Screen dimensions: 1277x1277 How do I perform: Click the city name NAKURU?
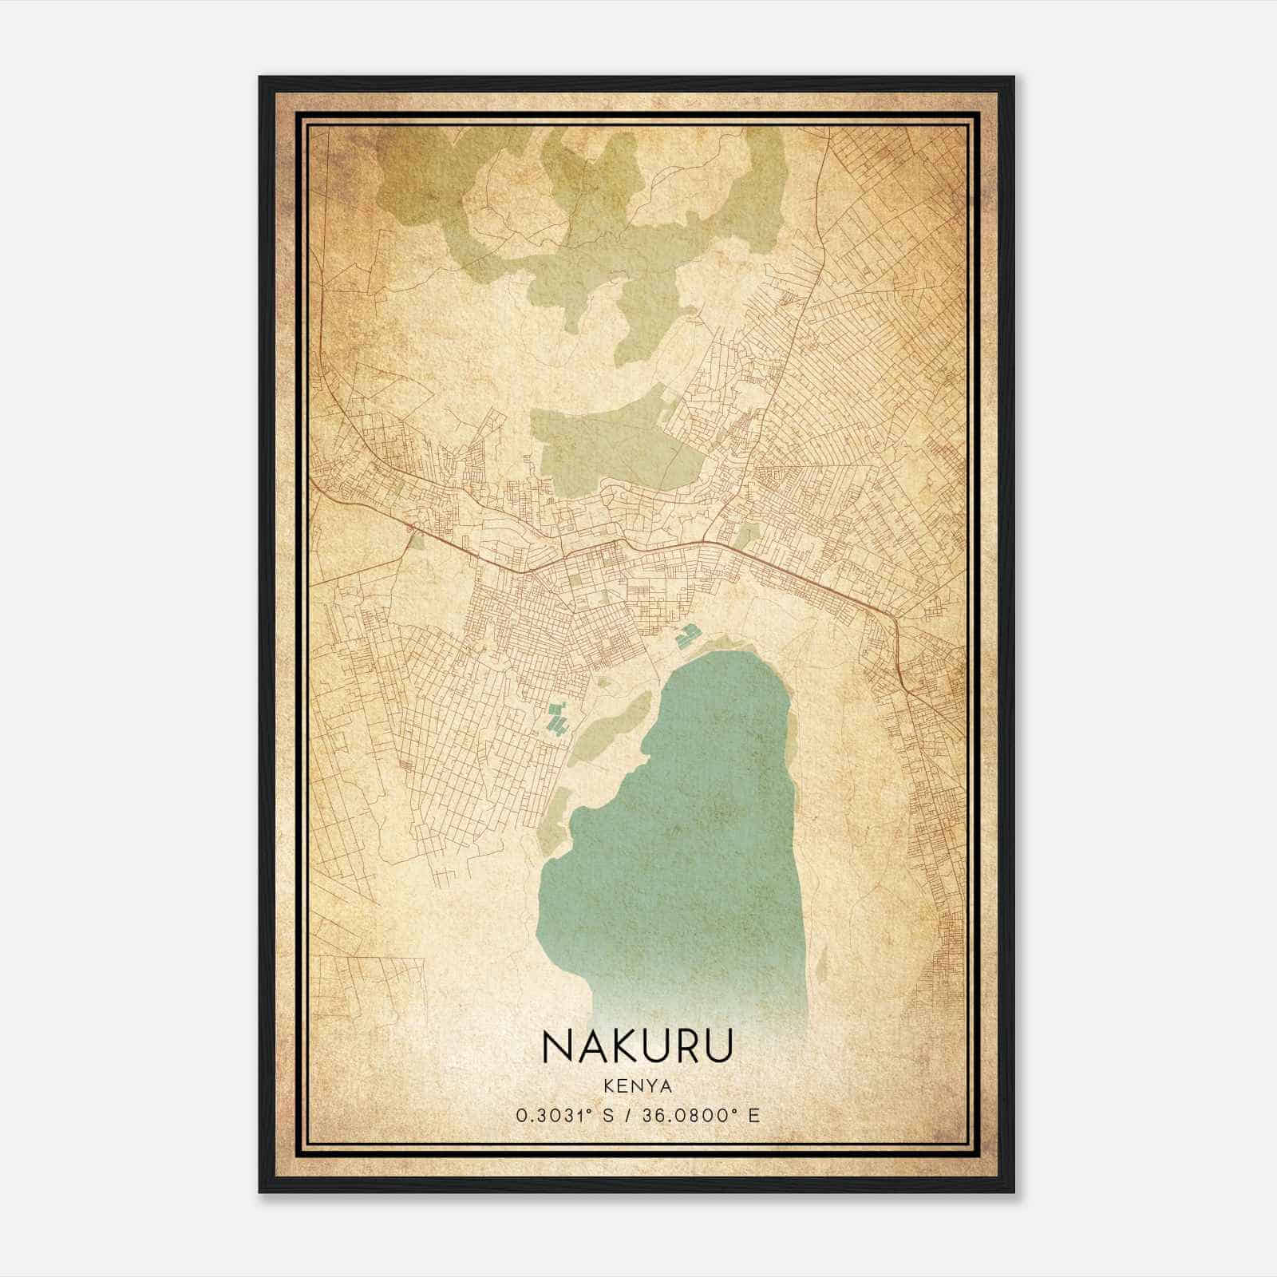[x=637, y=1046]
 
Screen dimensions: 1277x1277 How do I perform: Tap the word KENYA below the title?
[x=637, y=1087]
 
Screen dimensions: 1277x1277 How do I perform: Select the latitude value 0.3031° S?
[x=564, y=1115]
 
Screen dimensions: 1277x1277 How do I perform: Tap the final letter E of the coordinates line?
[x=754, y=1115]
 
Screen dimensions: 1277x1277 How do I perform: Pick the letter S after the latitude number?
[x=611, y=1115]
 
